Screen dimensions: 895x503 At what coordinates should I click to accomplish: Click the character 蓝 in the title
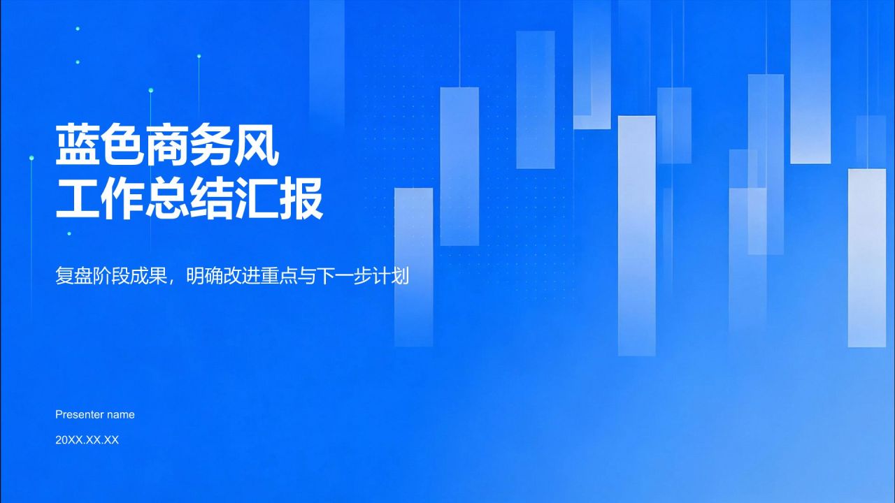[x=77, y=145]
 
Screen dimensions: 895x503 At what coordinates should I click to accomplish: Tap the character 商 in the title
[x=166, y=145]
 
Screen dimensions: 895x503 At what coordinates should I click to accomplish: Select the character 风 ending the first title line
[x=256, y=145]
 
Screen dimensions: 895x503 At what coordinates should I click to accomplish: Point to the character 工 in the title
[x=77, y=198]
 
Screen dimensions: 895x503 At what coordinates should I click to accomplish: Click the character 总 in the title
[x=166, y=198]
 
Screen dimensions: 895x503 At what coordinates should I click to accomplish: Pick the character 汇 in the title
[x=256, y=198]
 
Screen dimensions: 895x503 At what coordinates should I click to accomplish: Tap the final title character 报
[x=301, y=198]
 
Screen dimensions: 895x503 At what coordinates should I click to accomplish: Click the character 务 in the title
[x=211, y=145]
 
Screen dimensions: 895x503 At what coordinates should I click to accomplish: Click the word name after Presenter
[x=121, y=416]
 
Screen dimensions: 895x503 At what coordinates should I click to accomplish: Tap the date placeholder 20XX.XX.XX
[x=87, y=440]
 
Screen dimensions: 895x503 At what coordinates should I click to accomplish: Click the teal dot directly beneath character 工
[x=69, y=233]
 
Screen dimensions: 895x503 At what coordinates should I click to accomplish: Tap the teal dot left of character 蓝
[x=31, y=158]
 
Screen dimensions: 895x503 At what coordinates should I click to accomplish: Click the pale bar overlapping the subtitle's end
[x=413, y=267]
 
